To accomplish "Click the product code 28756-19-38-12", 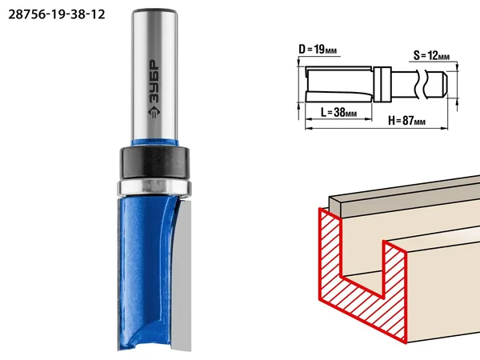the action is pyautogui.click(x=57, y=14).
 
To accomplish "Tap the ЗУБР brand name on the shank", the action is pyautogui.click(x=154, y=82).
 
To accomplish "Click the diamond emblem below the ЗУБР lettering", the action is pyautogui.click(x=154, y=112).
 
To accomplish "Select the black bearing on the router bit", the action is pyautogui.click(x=154, y=162).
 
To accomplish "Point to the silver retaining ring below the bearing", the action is pyautogui.click(x=154, y=187).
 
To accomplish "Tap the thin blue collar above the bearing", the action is pyautogui.click(x=155, y=142).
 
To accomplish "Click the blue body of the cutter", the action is pyautogui.click(x=144, y=273).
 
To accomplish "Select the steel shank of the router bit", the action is pyautogui.click(x=155, y=75).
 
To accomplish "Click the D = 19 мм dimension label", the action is pyautogui.click(x=318, y=50).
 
